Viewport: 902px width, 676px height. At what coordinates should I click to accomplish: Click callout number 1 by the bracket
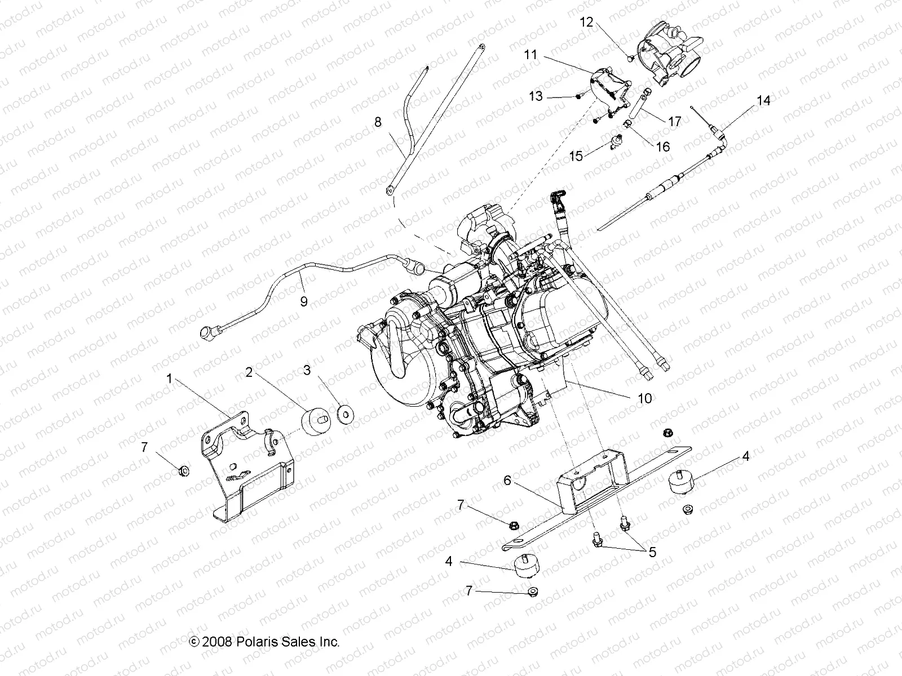(169, 379)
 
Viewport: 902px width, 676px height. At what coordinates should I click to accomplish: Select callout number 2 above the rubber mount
(249, 372)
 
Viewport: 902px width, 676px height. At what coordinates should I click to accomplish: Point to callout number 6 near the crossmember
(507, 480)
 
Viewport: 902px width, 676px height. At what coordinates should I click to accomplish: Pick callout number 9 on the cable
(304, 301)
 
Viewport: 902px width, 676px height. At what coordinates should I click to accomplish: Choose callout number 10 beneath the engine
(644, 398)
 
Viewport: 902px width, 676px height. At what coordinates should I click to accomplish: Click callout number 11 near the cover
(530, 55)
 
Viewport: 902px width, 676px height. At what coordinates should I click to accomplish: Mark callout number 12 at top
(586, 22)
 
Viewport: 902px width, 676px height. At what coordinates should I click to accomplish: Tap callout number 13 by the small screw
(536, 96)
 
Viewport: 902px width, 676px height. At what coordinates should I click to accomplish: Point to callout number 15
(576, 155)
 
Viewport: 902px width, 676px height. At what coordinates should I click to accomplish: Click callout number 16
(663, 146)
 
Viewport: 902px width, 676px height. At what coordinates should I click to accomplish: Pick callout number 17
(674, 121)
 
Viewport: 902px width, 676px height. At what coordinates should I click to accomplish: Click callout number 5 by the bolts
(652, 552)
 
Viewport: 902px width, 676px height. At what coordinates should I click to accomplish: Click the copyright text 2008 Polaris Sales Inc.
(264, 641)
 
